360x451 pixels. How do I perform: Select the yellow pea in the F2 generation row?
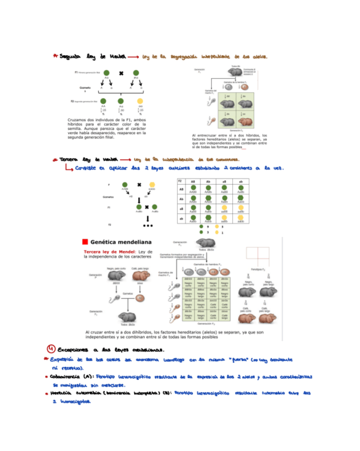click(139, 101)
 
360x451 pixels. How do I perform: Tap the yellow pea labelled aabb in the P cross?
click(152, 186)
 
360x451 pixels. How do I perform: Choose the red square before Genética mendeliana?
click(85, 241)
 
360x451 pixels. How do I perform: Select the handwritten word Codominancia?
click(73, 376)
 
